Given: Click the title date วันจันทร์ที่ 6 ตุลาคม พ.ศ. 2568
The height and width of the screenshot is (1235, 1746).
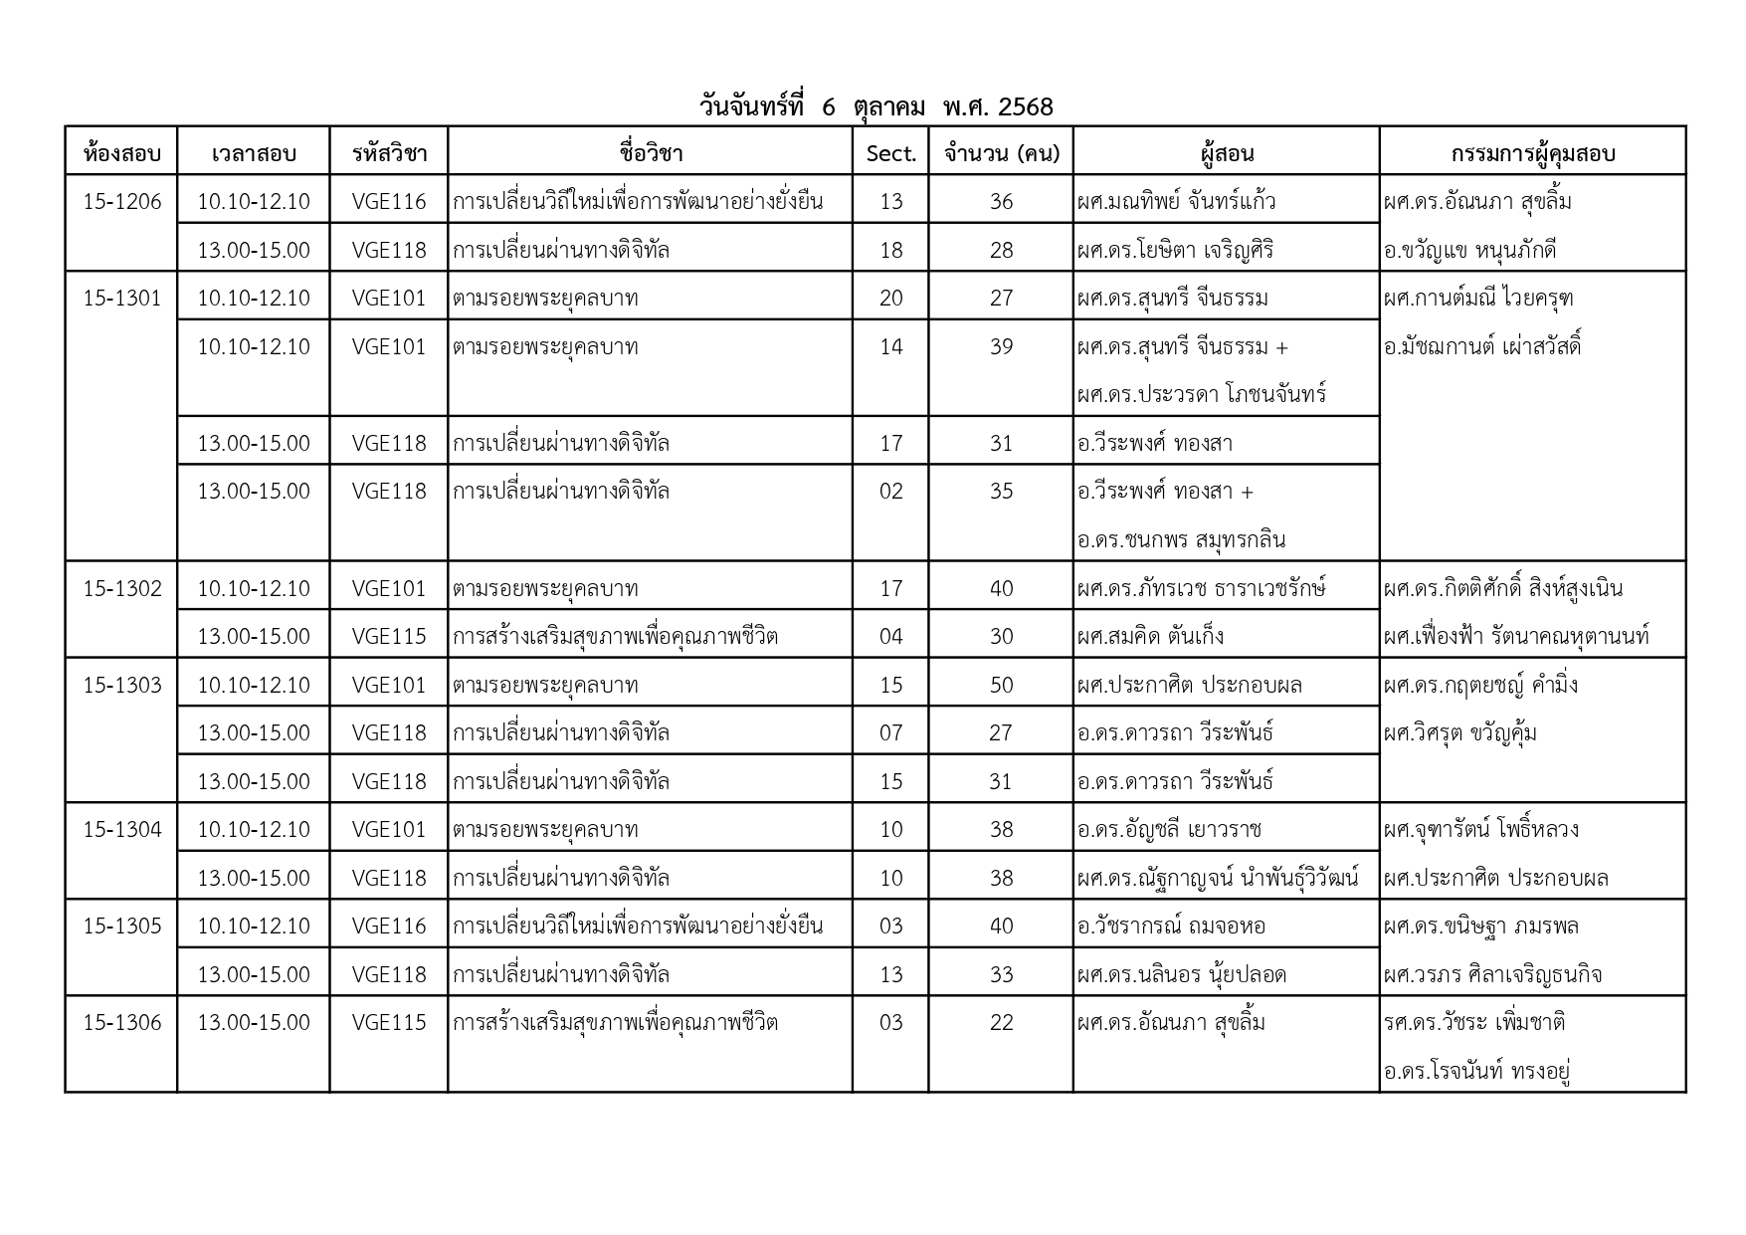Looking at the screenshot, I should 876,106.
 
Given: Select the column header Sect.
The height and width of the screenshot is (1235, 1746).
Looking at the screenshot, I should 890,153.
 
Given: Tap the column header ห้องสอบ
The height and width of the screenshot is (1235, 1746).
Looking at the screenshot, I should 121,153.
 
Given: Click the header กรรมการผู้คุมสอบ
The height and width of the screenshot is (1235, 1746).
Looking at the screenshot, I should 1532,153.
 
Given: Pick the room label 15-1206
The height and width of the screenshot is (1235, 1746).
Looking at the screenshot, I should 121,201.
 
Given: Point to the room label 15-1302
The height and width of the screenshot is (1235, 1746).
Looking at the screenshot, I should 121,588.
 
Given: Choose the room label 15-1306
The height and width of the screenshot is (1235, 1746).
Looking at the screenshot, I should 121,1022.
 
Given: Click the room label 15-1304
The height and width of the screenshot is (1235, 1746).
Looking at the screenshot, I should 121,829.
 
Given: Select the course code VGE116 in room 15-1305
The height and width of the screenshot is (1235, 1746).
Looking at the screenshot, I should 388,926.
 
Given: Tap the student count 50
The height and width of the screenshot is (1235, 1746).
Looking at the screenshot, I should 1001,685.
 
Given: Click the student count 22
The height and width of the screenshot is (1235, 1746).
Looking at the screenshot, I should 1001,1022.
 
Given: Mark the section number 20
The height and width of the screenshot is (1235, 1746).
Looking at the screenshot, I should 890,298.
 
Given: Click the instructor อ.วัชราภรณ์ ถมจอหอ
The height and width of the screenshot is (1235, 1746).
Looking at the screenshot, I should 1171,926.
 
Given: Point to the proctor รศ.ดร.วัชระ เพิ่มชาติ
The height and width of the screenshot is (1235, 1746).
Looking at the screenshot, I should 1474,1022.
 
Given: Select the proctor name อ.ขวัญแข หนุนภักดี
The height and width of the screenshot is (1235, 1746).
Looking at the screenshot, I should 1469,250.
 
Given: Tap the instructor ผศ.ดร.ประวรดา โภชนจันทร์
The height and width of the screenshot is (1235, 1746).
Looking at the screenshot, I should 1202,394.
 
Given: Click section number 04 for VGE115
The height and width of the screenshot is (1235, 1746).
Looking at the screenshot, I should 890,636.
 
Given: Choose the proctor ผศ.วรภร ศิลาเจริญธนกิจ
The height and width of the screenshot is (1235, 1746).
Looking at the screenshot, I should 1492,974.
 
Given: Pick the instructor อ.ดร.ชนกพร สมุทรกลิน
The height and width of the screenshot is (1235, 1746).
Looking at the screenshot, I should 1181,539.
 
